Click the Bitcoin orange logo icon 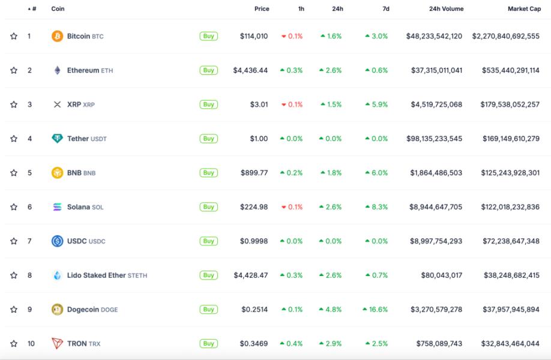pyautogui.click(x=57, y=36)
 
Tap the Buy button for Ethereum pyautogui.click(x=208, y=70)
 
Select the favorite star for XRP pyautogui.click(x=14, y=104)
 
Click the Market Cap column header pyautogui.click(x=524, y=9)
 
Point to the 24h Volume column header pyautogui.click(x=446, y=9)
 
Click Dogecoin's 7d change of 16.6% pyautogui.click(x=375, y=310)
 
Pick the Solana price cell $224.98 pyautogui.click(x=254, y=207)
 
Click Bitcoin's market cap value pyautogui.click(x=505, y=36)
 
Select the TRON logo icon pyautogui.click(x=57, y=344)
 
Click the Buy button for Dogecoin pyautogui.click(x=208, y=310)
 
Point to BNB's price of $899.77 pyautogui.click(x=254, y=173)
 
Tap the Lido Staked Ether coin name pyautogui.click(x=96, y=275)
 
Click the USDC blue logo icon pyautogui.click(x=57, y=241)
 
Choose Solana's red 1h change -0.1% pyautogui.click(x=292, y=207)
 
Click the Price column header pyautogui.click(x=262, y=9)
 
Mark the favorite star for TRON pyautogui.click(x=14, y=344)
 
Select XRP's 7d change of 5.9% pyautogui.click(x=376, y=104)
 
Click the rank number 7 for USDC pyautogui.click(x=29, y=241)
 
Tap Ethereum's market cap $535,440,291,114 pyautogui.click(x=510, y=70)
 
